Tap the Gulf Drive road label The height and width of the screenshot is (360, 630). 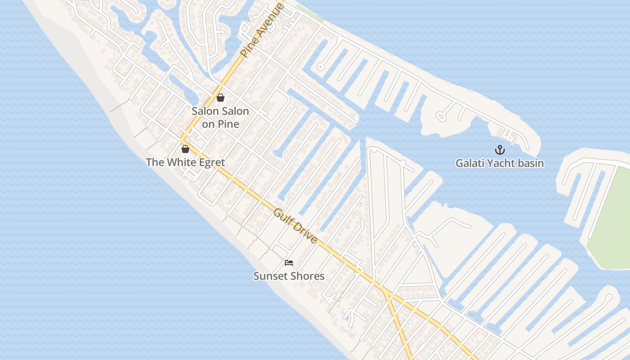click(x=295, y=226)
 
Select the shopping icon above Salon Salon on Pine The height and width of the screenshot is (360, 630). click(x=220, y=98)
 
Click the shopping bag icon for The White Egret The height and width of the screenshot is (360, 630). click(x=185, y=149)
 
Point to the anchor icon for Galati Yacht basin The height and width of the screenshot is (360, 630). click(x=499, y=150)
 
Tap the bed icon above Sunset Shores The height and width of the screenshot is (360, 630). click(x=289, y=263)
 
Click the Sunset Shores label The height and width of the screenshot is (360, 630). click(x=289, y=276)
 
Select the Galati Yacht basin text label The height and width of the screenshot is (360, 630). click(x=499, y=163)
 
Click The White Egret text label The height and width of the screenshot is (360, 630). click(x=185, y=162)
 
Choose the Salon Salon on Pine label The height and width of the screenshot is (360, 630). click(x=220, y=117)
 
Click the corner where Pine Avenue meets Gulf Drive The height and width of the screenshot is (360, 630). click(x=182, y=140)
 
